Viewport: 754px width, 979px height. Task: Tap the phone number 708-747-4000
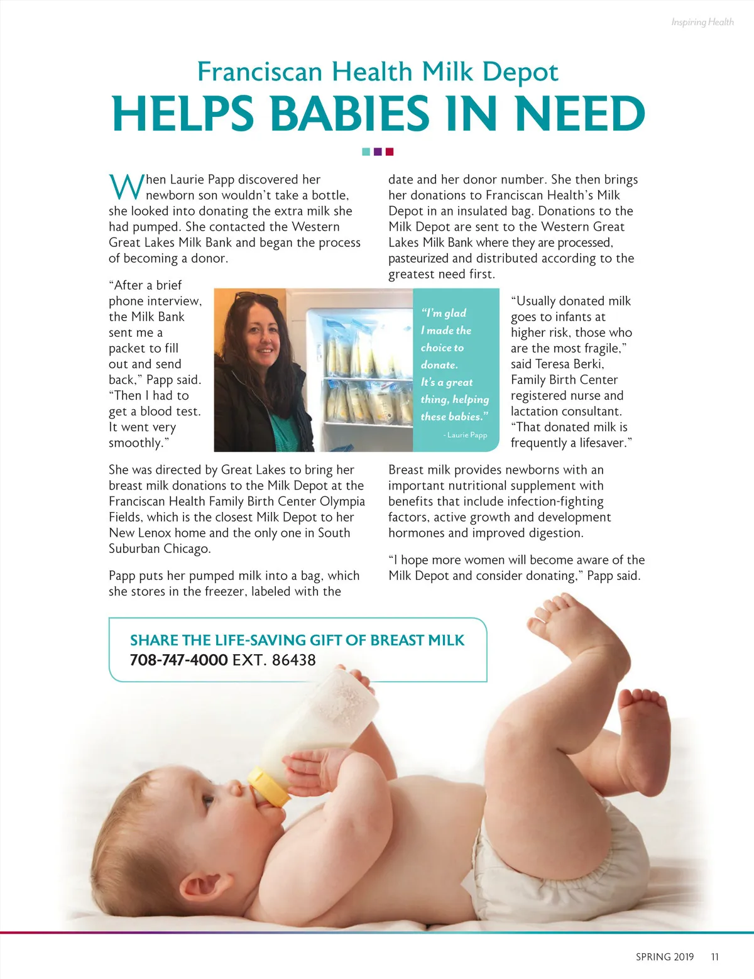pyautogui.click(x=178, y=660)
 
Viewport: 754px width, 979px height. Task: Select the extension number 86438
pyautogui.click(x=293, y=660)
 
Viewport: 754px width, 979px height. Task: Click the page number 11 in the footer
pyautogui.click(x=714, y=957)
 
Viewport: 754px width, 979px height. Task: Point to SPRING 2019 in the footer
pyautogui.click(x=665, y=957)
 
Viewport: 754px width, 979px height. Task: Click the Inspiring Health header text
pyautogui.click(x=702, y=22)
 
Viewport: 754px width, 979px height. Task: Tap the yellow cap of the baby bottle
pyautogui.click(x=268, y=787)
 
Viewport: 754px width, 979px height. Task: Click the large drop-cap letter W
pyautogui.click(x=126, y=187)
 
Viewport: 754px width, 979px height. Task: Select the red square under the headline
pyautogui.click(x=390, y=151)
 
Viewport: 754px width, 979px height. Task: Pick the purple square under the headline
pyautogui.click(x=378, y=151)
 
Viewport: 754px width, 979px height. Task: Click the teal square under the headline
pyautogui.click(x=366, y=151)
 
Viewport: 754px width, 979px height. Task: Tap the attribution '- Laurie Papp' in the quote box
pyautogui.click(x=465, y=435)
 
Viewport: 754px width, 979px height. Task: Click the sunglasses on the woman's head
pyautogui.click(x=256, y=297)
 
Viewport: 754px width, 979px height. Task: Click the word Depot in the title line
pyautogui.click(x=520, y=72)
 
